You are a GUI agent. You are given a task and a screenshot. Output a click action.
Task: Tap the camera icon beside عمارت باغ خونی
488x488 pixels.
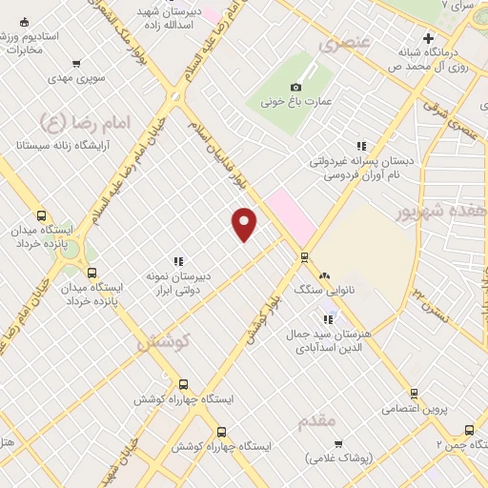click(x=308, y=87)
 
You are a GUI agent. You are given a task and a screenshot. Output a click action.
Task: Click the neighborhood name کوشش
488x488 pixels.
click(x=165, y=339)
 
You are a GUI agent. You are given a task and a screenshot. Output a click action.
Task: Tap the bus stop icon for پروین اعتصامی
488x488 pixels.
click(x=413, y=393)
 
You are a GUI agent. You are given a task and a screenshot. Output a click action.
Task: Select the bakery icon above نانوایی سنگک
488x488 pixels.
click(x=324, y=275)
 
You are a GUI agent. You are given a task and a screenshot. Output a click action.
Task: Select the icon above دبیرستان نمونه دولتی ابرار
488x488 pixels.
click(x=177, y=260)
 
